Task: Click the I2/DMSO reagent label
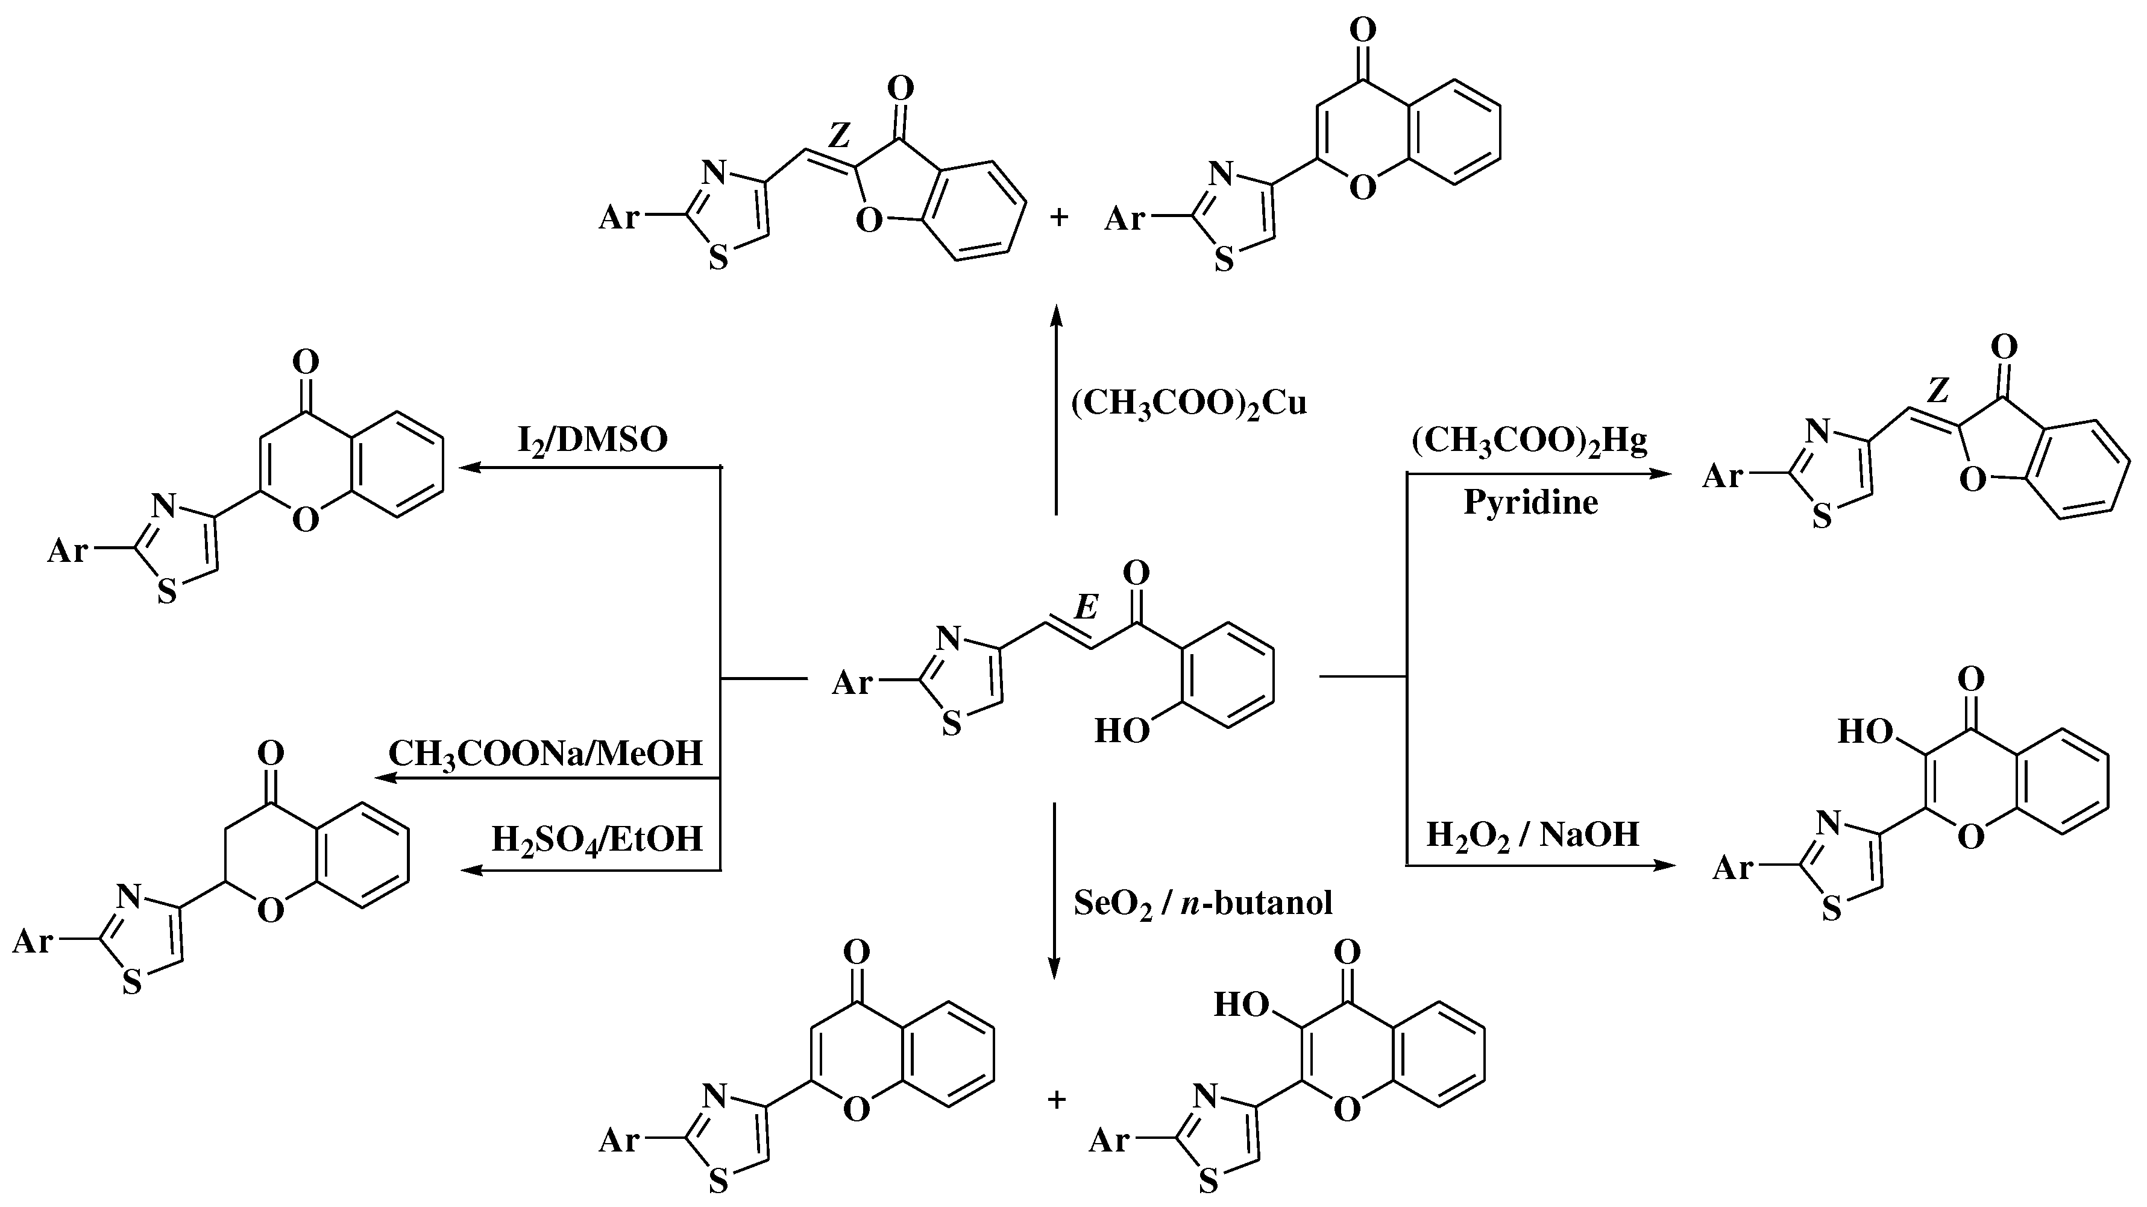click(x=593, y=440)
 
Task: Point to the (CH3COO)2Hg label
click(x=1529, y=442)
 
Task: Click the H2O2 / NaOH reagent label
click(x=1533, y=834)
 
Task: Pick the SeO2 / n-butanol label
click(x=1202, y=903)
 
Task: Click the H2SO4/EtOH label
click(x=597, y=839)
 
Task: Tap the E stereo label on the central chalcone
click(x=1085, y=608)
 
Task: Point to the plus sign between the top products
click(x=1058, y=218)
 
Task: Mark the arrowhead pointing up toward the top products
click(x=1056, y=317)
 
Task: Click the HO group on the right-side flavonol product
click(x=1864, y=732)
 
